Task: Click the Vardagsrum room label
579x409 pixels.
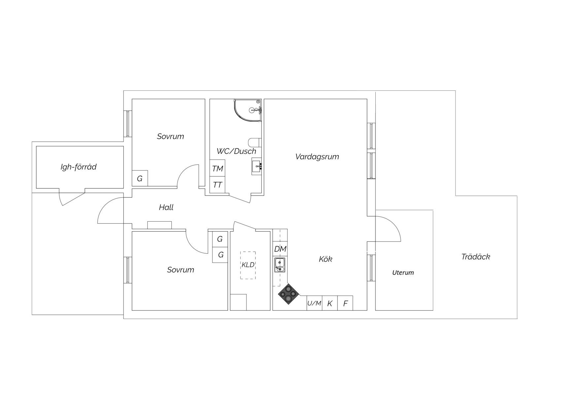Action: [317, 157]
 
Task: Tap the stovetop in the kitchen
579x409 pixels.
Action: [289, 294]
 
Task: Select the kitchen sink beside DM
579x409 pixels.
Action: [280, 265]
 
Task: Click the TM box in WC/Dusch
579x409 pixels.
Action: [218, 168]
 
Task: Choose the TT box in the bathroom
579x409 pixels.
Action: [218, 185]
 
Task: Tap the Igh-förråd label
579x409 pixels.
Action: [79, 167]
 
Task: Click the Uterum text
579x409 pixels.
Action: [403, 273]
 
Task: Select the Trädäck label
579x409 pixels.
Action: [476, 257]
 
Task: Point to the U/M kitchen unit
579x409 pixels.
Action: [314, 303]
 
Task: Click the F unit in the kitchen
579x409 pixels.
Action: [345, 303]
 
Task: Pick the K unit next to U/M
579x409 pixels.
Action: [330, 303]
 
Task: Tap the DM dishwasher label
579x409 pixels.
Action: [280, 249]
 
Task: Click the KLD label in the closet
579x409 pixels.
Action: [248, 265]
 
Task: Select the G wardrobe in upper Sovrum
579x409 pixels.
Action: [140, 178]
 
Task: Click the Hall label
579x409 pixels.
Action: [166, 207]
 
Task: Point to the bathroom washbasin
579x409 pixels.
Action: [256, 166]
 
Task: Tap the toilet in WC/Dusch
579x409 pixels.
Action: [255, 142]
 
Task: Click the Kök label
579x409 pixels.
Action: [325, 259]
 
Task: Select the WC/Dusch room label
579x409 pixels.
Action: [236, 151]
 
